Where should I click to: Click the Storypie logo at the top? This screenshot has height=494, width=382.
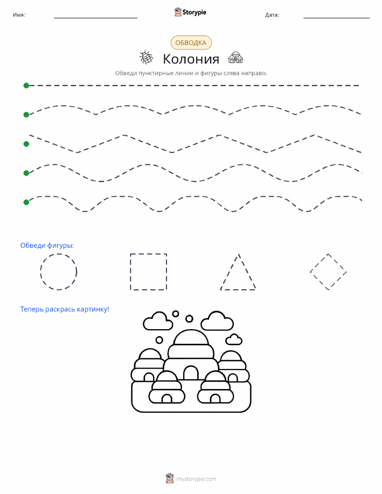[190, 12]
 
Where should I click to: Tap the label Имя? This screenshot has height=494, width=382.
[19, 15]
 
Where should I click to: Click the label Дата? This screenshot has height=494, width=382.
[272, 15]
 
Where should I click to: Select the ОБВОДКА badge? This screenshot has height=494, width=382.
[191, 43]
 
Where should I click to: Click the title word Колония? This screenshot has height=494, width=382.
[191, 59]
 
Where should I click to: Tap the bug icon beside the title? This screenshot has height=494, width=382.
[146, 57]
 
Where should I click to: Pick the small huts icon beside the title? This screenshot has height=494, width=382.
[235, 57]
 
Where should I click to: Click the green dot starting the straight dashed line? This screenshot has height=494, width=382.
[26, 85]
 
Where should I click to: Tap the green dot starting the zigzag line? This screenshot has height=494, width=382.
[26, 144]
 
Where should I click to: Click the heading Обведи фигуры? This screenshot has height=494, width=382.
[47, 246]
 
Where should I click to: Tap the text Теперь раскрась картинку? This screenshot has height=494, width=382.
[65, 309]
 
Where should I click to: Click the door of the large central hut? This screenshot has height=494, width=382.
[191, 373]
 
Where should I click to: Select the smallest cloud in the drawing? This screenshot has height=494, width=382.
[233, 339]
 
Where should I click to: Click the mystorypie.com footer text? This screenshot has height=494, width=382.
[196, 479]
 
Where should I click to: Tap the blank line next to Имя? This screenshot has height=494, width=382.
[95, 18]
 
